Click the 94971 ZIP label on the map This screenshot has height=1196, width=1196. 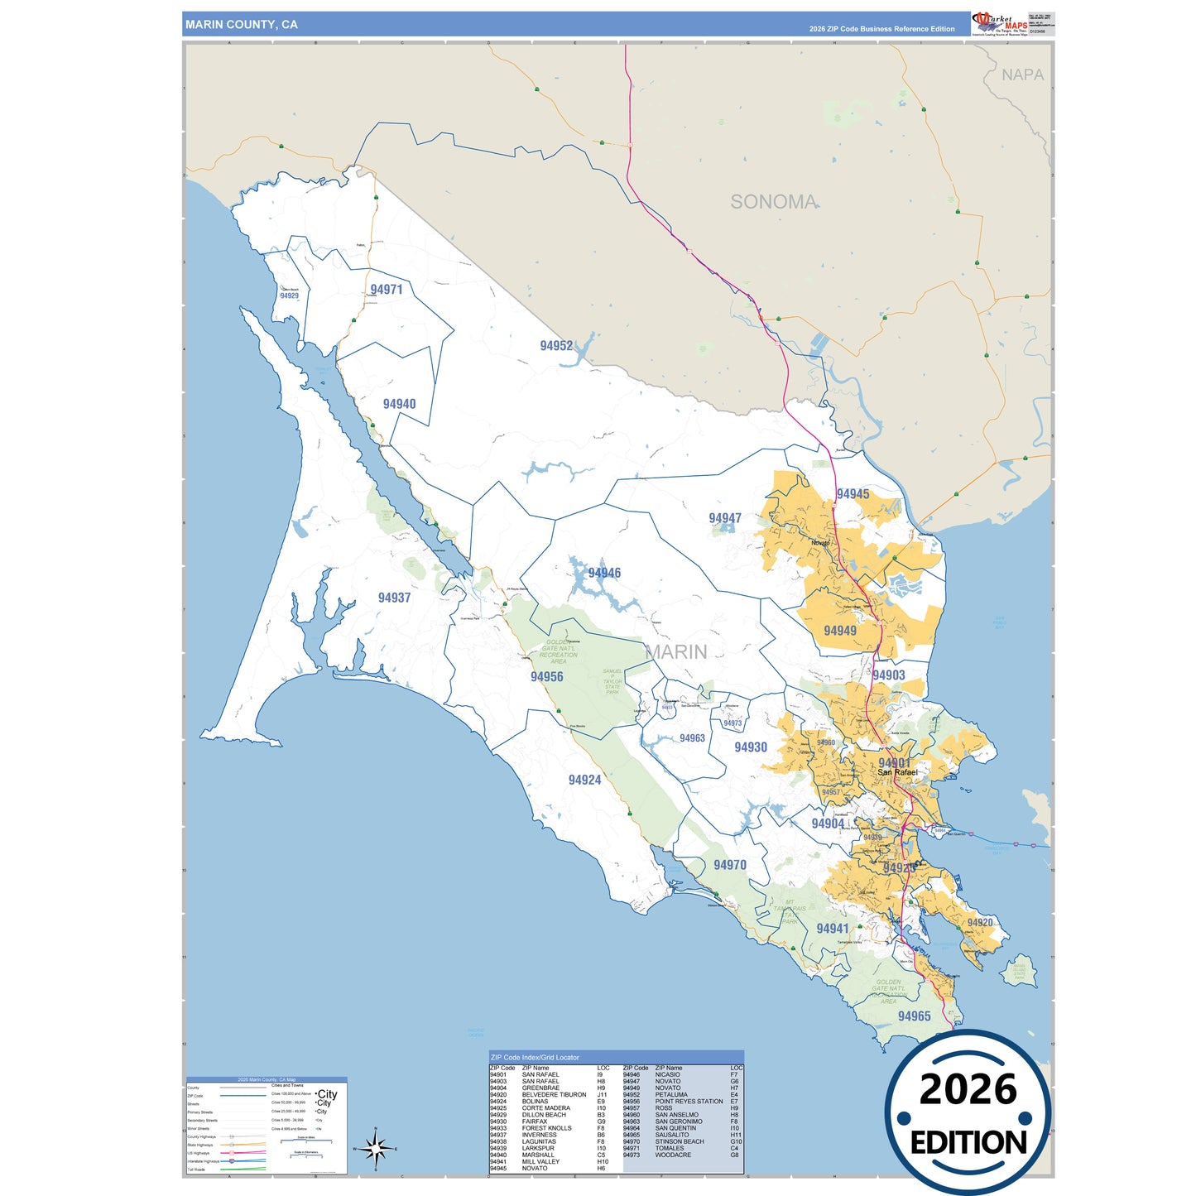[387, 290]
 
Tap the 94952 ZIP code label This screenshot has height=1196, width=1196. [556, 346]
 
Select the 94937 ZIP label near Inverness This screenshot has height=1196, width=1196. [394, 598]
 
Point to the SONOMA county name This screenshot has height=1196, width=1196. [773, 202]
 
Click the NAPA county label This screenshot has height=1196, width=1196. [1022, 75]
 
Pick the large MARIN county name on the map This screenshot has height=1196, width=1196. [676, 652]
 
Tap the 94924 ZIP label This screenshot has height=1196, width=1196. [584, 780]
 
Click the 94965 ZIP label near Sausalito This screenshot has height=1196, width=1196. [914, 1016]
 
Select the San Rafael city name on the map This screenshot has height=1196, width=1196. [897, 772]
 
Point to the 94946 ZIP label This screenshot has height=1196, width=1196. [604, 573]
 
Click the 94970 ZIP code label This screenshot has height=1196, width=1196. [730, 865]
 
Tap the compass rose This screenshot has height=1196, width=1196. [375, 1149]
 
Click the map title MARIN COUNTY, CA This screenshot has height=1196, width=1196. [242, 25]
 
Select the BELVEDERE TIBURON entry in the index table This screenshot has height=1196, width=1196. [554, 1094]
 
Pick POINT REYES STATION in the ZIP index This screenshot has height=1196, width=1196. [689, 1102]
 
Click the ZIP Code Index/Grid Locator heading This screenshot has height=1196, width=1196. [535, 1057]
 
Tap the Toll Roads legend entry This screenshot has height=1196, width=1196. [196, 1170]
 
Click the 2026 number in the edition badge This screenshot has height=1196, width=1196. [968, 1089]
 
